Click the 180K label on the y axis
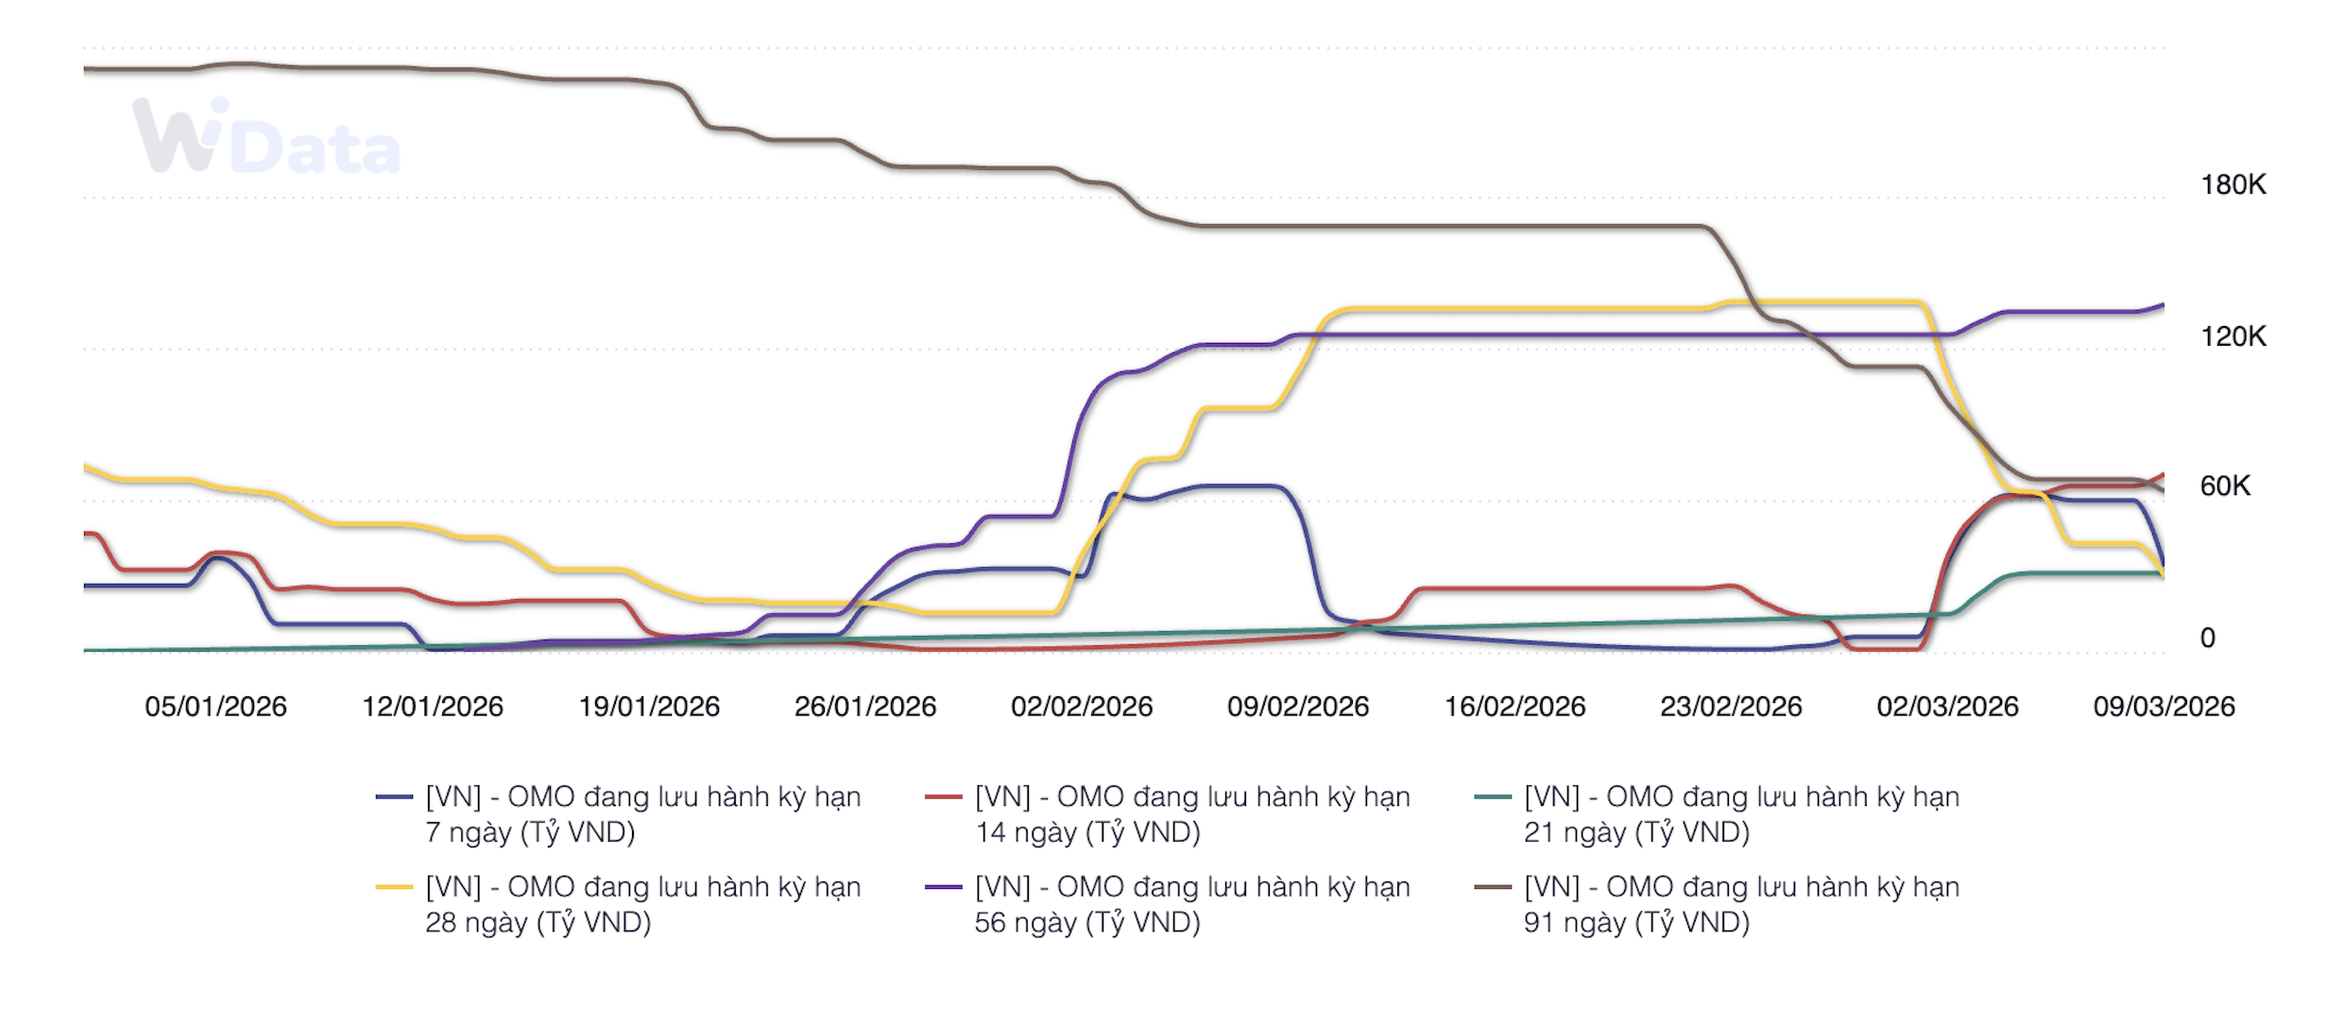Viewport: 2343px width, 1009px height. click(2232, 184)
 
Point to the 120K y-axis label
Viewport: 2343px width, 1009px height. click(2232, 335)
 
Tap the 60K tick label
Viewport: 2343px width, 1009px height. click(2225, 486)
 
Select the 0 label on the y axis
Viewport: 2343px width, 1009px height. click(2207, 638)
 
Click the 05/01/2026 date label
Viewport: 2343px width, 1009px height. click(215, 707)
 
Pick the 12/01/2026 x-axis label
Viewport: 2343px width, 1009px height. click(433, 707)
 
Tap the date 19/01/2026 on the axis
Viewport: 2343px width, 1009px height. click(649, 707)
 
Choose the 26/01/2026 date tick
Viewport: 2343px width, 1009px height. click(865, 707)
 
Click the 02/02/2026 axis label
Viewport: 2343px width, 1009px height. click(1082, 707)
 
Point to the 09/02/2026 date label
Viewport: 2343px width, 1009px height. click(1298, 707)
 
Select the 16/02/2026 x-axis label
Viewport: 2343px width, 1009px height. click(1514, 707)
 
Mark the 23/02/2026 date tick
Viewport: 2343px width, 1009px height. click(1731, 707)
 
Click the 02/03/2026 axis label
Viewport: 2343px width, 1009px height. click(1947, 707)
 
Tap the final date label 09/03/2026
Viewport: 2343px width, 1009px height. click(2163, 707)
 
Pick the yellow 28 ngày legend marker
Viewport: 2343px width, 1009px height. click(394, 887)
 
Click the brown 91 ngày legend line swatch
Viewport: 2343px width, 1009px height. click(1492, 887)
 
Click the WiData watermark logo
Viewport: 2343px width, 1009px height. click(266, 138)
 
